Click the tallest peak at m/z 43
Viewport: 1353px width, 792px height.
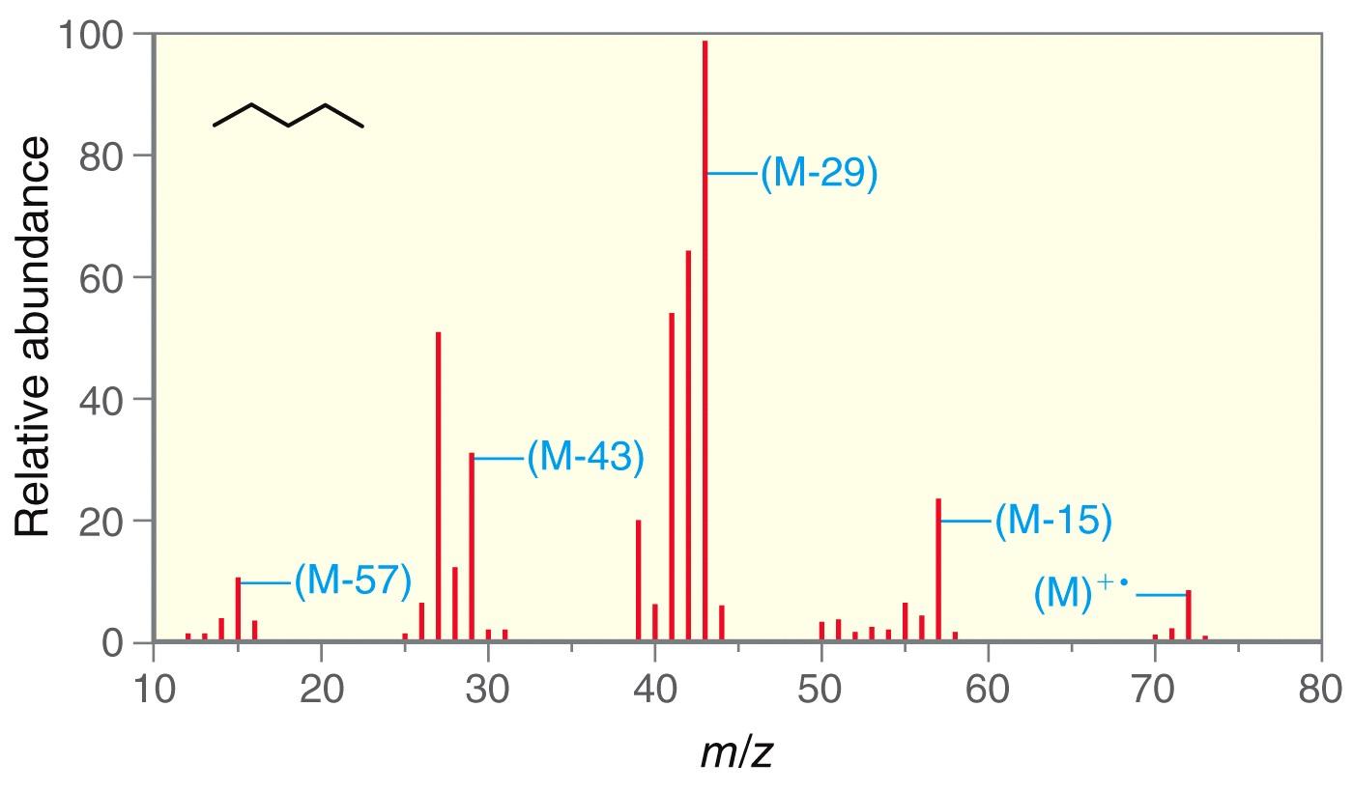tap(705, 338)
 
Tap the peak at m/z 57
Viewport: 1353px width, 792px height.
tap(938, 570)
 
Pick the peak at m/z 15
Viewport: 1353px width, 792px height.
tap(238, 608)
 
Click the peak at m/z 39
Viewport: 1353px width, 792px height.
tap(639, 580)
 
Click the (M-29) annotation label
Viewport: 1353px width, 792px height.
tap(819, 174)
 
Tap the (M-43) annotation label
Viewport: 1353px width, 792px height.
tap(585, 457)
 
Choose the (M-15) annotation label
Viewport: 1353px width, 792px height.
tap(1052, 521)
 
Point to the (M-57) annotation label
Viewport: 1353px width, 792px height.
tap(353, 581)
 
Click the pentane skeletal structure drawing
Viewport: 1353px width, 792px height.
tap(288, 116)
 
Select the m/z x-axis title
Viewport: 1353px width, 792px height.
tap(736, 751)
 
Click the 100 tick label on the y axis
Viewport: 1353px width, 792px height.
tap(92, 37)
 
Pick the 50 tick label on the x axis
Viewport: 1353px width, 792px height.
tap(821, 690)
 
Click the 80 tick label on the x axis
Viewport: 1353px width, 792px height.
tap(1320, 690)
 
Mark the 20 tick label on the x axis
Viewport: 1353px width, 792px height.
tap(321, 690)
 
